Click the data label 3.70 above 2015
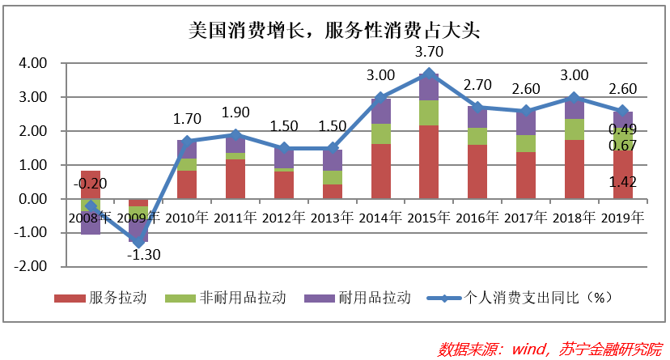tap(429, 53)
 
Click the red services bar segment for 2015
tap(429, 162)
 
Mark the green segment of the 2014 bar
tap(380, 134)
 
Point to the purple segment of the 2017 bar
tap(526, 123)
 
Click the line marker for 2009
tap(138, 243)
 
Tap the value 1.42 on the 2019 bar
tap(623, 182)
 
